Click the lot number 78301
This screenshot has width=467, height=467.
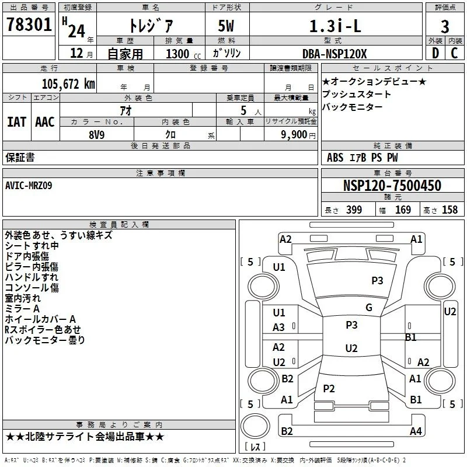(x=29, y=25)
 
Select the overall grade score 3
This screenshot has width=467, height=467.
(x=445, y=26)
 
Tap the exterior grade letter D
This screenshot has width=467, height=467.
(x=435, y=53)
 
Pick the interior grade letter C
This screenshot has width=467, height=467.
(x=454, y=53)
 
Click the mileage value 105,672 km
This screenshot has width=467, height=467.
(x=68, y=84)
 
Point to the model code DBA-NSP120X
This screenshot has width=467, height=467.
(x=334, y=54)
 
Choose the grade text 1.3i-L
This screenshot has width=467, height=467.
(x=335, y=26)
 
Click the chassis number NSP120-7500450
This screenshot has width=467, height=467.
(x=392, y=185)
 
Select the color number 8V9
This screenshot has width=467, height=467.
(x=97, y=135)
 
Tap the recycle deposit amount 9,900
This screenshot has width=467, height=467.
(x=294, y=135)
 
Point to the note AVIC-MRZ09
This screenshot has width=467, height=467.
(x=29, y=186)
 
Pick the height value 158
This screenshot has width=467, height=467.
(x=449, y=210)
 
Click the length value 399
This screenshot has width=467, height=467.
(x=354, y=210)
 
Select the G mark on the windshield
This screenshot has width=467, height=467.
(x=369, y=308)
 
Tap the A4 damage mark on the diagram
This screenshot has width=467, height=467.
(x=416, y=431)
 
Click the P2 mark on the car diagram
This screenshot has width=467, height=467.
(x=329, y=388)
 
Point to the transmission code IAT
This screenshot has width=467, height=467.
(x=17, y=122)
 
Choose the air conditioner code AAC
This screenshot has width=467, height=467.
(x=45, y=122)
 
